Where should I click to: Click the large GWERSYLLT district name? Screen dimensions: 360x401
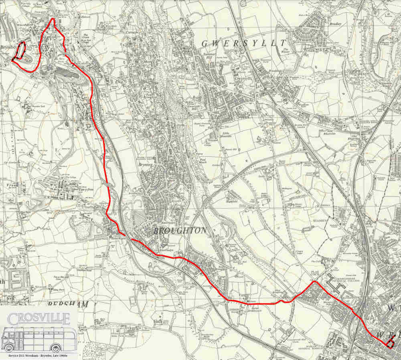[244, 43]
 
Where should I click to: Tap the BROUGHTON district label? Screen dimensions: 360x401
[180, 231]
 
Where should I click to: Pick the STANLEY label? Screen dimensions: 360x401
[322, 220]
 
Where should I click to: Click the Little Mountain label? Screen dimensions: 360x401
[227, 135]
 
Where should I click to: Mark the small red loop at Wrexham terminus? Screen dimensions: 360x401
[389, 341]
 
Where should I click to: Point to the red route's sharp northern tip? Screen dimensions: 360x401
[53, 18]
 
